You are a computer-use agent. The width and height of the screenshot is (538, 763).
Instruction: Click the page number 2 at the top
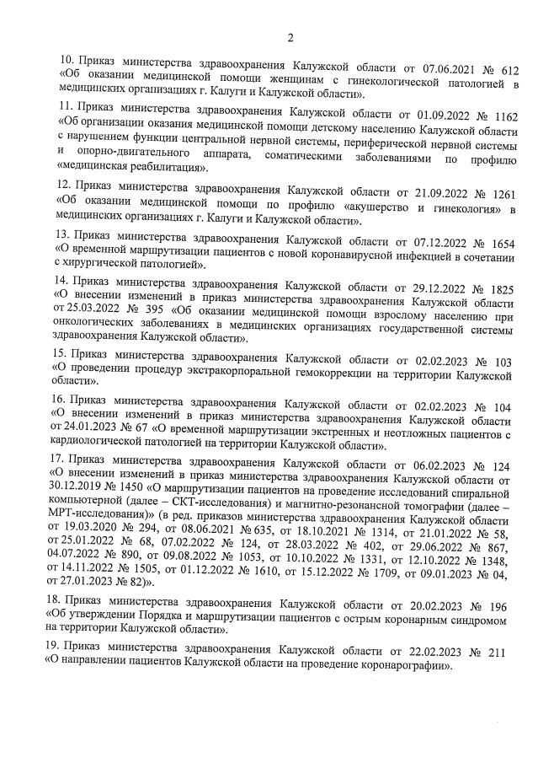click(290, 37)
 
